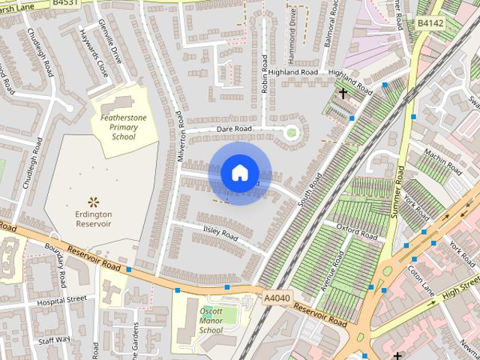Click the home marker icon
click(239, 173)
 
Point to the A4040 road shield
click(277, 298)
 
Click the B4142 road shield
click(430, 23)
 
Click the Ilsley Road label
click(220, 233)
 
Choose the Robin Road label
click(265, 73)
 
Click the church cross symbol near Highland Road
click(343, 94)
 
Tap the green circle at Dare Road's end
click(291, 133)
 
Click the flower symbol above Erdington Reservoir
click(94, 201)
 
